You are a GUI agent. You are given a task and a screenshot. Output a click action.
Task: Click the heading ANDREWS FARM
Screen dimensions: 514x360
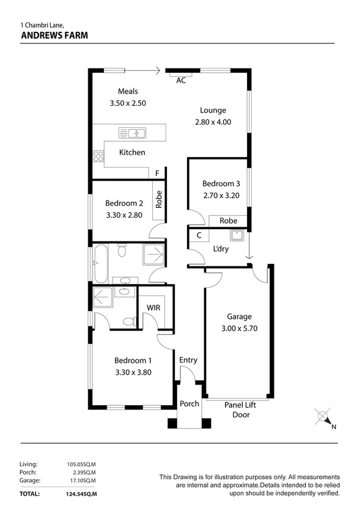click(54, 35)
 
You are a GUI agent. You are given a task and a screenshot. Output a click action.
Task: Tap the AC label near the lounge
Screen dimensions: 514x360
click(181, 81)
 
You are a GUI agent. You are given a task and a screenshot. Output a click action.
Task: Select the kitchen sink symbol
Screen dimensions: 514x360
click(132, 133)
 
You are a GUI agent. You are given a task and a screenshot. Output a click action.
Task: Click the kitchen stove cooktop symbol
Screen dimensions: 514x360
click(98, 156)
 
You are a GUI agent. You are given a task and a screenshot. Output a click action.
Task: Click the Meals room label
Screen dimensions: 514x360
click(128, 92)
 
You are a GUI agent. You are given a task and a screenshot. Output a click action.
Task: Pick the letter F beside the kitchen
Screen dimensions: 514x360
click(157, 174)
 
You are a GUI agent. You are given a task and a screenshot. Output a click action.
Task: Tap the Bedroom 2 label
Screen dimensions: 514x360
click(124, 204)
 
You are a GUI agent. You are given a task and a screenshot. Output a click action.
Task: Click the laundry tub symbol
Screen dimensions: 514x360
click(237, 235)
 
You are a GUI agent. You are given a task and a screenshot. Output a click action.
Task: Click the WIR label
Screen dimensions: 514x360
click(153, 307)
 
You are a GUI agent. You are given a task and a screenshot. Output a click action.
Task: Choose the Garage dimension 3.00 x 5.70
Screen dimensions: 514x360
click(239, 328)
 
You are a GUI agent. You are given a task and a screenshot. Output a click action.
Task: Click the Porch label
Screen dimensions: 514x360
click(189, 404)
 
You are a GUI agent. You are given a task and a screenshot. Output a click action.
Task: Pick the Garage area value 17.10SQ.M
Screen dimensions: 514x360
click(84, 481)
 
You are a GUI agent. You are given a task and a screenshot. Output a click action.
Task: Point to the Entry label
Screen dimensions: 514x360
click(188, 360)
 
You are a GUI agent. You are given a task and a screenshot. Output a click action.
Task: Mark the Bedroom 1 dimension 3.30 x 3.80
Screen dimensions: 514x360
click(133, 372)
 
